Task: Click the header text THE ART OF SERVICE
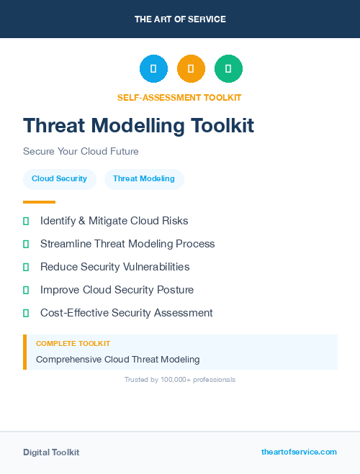coord(180,19)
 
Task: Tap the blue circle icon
coord(153,68)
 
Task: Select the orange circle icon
coord(191,68)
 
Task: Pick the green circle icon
coord(228,68)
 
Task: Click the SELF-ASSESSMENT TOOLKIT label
coord(179,98)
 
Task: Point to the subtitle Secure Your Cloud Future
coord(81,152)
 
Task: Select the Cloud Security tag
coord(59,178)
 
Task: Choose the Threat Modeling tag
coord(144,178)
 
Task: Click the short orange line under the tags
coord(39,202)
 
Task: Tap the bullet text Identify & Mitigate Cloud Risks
coord(114,221)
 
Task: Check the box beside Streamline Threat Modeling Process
coord(26,244)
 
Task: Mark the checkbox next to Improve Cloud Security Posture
coord(26,290)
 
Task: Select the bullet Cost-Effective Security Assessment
coord(126,313)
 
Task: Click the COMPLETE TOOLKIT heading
coord(73,344)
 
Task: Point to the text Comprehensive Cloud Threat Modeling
coord(117,359)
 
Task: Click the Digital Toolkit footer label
coord(51,452)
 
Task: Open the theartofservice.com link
coord(299,452)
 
